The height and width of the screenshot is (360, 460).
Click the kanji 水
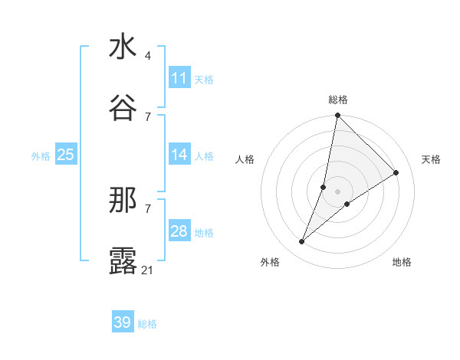pyautogui.click(x=123, y=47)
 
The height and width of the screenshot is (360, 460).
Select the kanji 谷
pyautogui.click(x=123, y=107)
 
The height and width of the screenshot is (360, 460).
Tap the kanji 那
pyautogui.click(x=123, y=201)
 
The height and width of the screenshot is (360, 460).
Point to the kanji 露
pyautogui.click(x=123, y=260)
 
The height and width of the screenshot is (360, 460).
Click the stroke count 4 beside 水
pyautogui.click(x=148, y=56)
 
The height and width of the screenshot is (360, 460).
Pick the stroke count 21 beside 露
pyautogui.click(x=148, y=270)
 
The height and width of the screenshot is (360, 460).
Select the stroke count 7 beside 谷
pyautogui.click(x=148, y=116)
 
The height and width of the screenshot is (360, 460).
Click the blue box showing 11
pyautogui.click(x=179, y=78)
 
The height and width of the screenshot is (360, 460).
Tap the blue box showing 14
pyautogui.click(x=179, y=155)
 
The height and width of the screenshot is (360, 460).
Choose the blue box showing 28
pyautogui.click(x=179, y=231)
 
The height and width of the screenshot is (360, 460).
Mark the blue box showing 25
pyautogui.click(x=65, y=155)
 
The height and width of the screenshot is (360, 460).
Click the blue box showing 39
pyautogui.click(x=123, y=322)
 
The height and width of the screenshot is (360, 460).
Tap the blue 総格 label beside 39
pyautogui.click(x=147, y=324)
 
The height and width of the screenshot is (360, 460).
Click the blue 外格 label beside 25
pyautogui.click(x=41, y=156)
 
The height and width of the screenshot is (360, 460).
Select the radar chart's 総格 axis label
pyautogui.click(x=338, y=100)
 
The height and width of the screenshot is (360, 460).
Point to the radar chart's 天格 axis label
pyautogui.click(x=432, y=159)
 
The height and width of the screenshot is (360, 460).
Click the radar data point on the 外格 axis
pyautogui.click(x=302, y=241)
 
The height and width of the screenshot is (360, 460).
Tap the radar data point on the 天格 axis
pyautogui.click(x=396, y=172)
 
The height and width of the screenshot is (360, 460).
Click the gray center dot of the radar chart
pyautogui.click(x=338, y=191)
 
